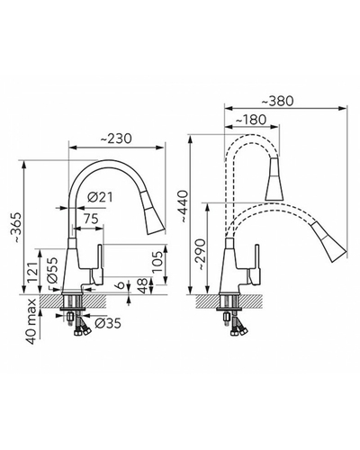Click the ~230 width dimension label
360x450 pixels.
[116, 139]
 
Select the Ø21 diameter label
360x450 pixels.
[100, 197]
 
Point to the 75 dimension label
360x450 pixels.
[91, 219]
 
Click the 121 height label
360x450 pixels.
[32, 273]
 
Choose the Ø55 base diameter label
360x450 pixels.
[52, 270]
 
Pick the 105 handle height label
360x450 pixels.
[157, 262]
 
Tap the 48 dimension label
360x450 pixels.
[143, 285]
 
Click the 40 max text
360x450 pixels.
[31, 321]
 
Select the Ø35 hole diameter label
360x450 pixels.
[108, 323]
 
